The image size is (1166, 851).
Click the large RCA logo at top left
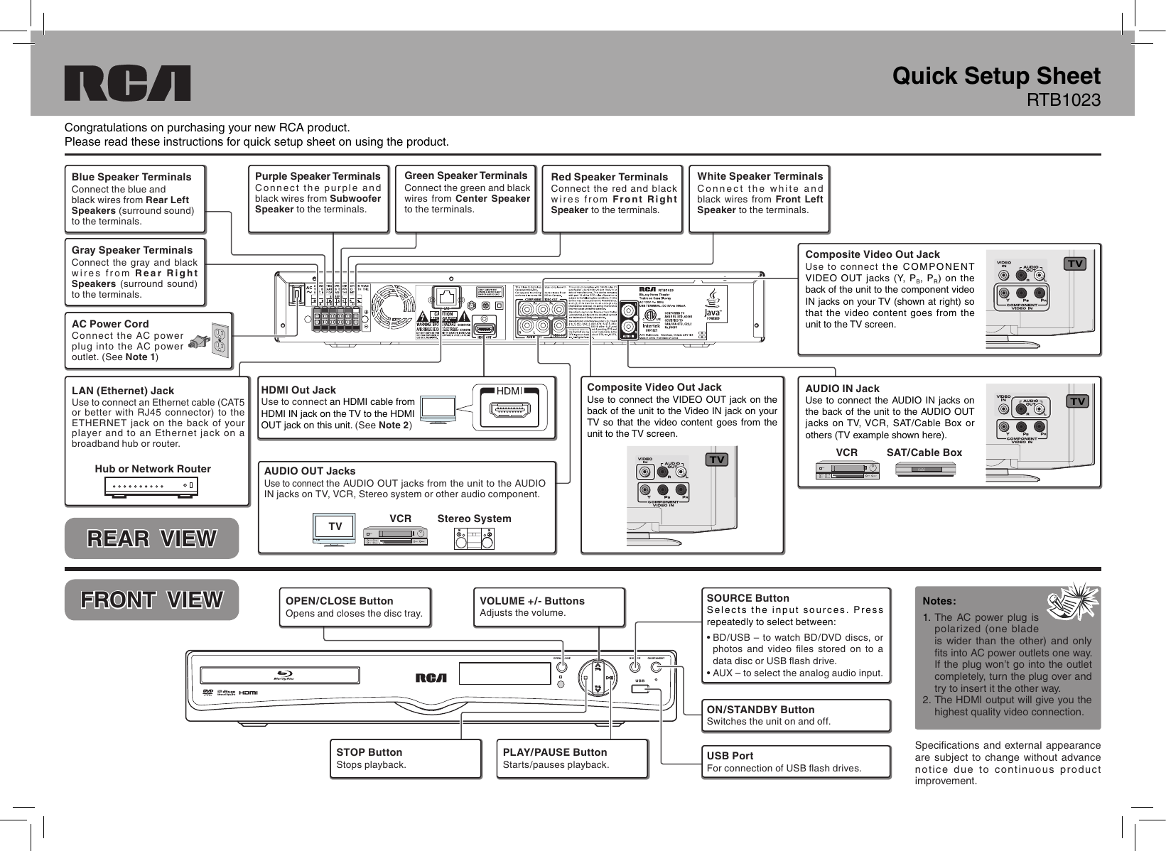click(x=128, y=84)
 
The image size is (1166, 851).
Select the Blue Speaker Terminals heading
click(x=131, y=177)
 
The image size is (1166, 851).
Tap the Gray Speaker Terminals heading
click(x=132, y=250)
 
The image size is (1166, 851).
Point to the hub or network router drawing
click(x=151, y=487)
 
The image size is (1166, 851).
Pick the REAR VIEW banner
click(x=151, y=538)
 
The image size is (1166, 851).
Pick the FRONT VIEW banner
click(x=151, y=600)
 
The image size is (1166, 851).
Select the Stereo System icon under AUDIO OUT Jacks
click(x=474, y=539)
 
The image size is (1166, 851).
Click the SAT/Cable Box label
click(x=924, y=452)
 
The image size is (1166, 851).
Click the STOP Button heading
click(x=369, y=752)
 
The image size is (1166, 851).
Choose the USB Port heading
click(x=730, y=756)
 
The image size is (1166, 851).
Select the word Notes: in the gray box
click(x=939, y=601)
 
